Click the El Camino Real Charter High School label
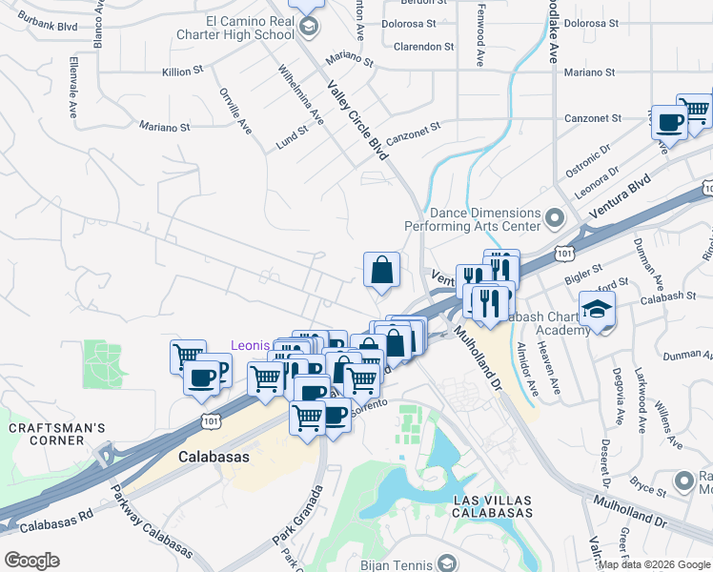[x=250, y=28]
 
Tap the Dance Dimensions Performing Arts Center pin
[x=555, y=220]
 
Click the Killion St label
[x=183, y=71]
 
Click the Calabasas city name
[x=214, y=458]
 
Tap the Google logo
[x=31, y=560]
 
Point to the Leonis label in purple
[x=251, y=344]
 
